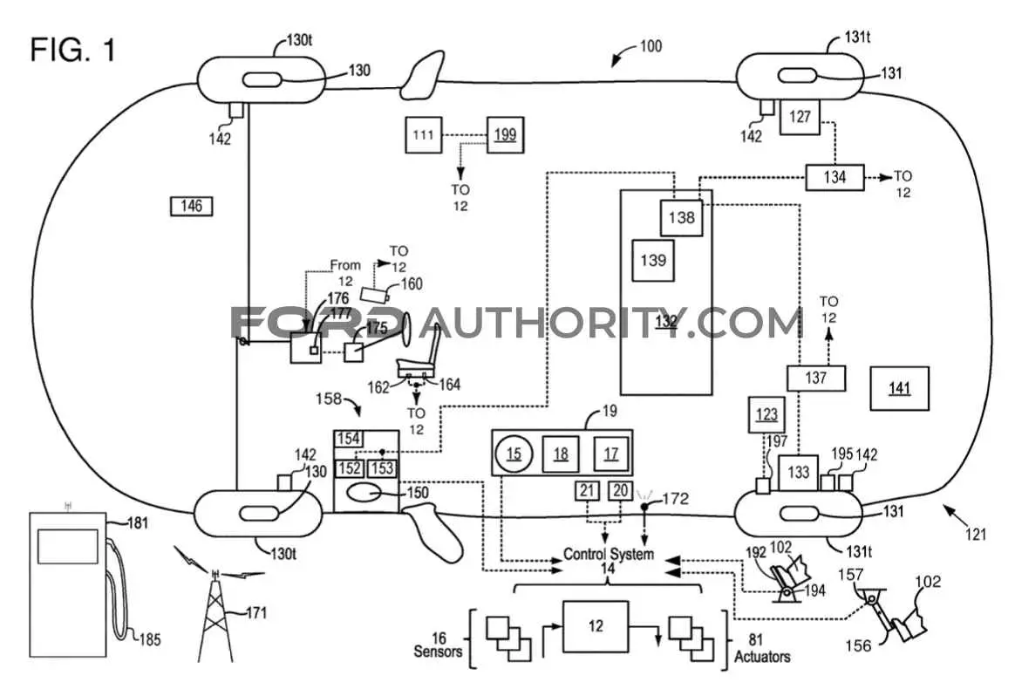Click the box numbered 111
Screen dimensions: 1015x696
pos(424,134)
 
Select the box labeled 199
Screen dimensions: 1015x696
pos(506,134)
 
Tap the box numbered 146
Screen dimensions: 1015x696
pos(192,206)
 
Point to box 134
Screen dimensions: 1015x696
pos(834,177)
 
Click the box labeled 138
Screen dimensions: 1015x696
pos(682,217)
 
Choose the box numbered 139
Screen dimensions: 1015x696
pos(653,260)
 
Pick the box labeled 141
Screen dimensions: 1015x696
pos(900,388)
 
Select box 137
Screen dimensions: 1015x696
pos(816,378)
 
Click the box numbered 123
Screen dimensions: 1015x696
pos(767,414)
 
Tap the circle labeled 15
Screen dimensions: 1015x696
pos(514,454)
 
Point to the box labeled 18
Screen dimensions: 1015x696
pos(561,454)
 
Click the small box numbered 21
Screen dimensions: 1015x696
pos(587,491)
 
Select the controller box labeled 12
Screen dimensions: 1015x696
pos(596,627)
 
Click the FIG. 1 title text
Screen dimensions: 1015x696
pos(73,50)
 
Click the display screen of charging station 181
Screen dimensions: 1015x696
pos(68,547)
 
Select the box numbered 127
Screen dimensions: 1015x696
pos(800,117)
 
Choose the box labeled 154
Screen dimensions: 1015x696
pos(349,439)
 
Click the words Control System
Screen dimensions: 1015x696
pos(609,554)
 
